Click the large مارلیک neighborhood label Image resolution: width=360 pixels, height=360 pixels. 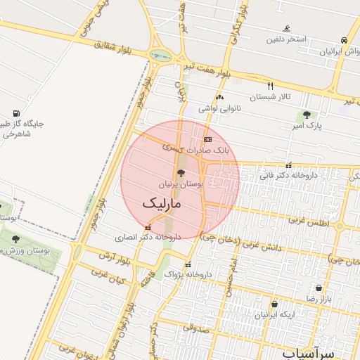click(x=162, y=204)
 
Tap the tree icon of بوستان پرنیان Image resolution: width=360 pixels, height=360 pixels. click(x=181, y=173)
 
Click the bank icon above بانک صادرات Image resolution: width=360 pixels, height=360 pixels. click(x=207, y=140)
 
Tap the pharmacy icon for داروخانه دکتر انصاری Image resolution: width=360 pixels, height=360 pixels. click(x=148, y=228)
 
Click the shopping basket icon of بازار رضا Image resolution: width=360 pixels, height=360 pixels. click(x=319, y=288)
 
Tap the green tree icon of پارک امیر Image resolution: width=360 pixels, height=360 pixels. click(x=306, y=115)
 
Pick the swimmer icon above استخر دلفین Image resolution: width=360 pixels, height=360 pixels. click(x=287, y=29)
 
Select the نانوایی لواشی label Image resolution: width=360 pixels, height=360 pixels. click(x=219, y=108)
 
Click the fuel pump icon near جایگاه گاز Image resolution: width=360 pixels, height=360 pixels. click(x=16, y=113)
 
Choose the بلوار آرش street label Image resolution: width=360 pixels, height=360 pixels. click(x=107, y=255)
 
